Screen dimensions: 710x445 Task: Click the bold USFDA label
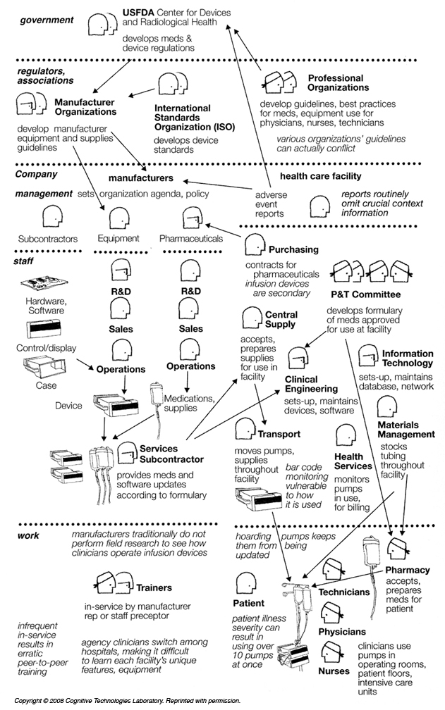(141, 13)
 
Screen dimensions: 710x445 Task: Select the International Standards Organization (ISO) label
(194, 118)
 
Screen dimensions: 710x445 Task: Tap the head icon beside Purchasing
(254, 247)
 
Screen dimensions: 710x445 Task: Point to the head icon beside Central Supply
(251, 318)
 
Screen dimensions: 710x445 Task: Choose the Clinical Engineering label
(311, 384)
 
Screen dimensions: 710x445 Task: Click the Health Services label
(353, 461)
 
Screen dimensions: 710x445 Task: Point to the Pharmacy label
(408, 569)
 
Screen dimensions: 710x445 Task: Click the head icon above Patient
(246, 583)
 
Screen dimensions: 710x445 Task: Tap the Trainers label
(154, 587)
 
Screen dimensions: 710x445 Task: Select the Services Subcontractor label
(159, 454)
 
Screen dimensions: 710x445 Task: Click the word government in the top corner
(47, 20)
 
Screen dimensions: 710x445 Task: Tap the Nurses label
(334, 671)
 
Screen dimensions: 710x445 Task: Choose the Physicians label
(342, 632)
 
